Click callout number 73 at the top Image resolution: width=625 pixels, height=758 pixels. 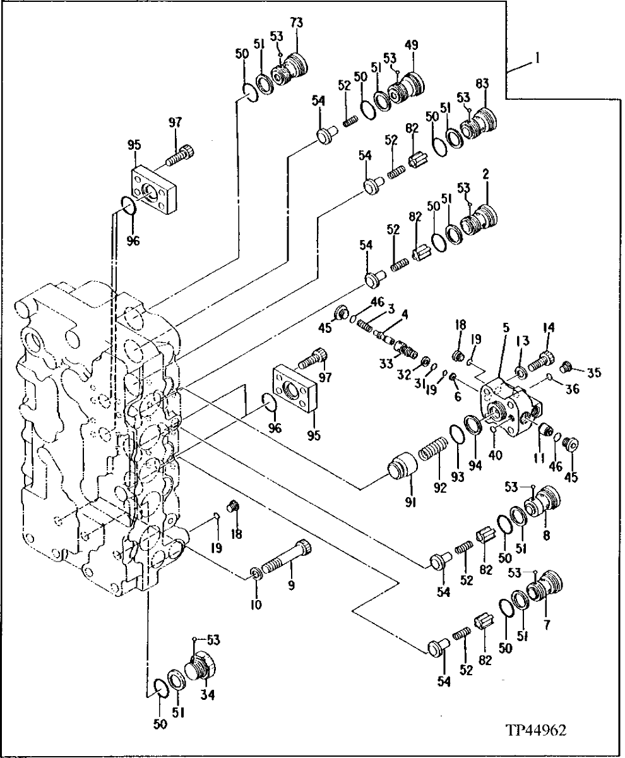[x=296, y=23]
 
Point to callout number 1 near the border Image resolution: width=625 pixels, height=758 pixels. [x=536, y=57]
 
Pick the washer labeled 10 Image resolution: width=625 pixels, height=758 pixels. [x=256, y=574]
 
